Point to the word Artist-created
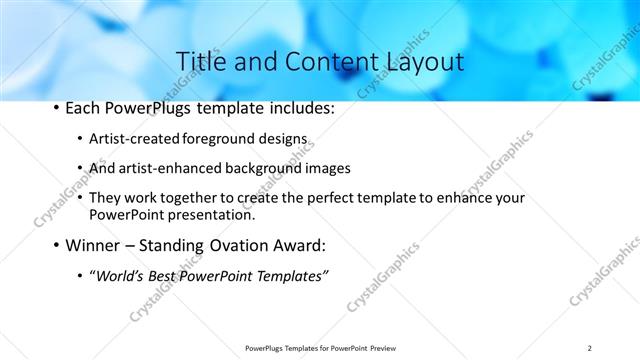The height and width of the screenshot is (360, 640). [x=129, y=140]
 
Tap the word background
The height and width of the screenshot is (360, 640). [x=260, y=169]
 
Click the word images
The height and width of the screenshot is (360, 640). [x=327, y=169]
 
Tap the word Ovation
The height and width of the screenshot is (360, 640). [x=238, y=245]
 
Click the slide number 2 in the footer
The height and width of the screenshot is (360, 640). [x=590, y=348]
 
